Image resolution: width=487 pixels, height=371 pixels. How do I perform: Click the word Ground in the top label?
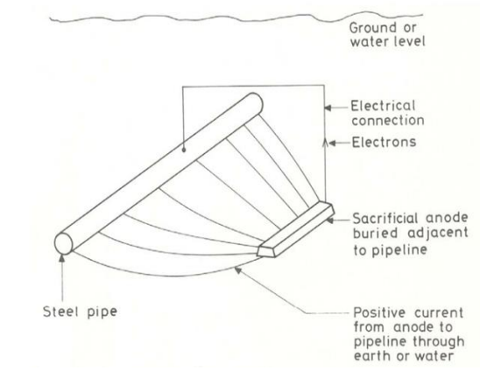[x=373, y=28]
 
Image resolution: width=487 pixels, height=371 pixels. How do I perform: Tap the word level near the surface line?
[x=409, y=42]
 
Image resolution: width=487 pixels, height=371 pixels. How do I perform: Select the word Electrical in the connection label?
[x=383, y=106]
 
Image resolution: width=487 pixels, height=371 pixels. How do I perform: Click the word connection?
[x=388, y=121]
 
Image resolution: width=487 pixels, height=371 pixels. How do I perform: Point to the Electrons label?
[x=384, y=143]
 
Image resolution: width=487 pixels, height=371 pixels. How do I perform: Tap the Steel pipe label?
[x=80, y=311]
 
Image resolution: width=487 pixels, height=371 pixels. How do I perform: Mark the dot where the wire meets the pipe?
[x=184, y=150]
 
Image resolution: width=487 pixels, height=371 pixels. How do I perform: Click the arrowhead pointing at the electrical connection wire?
[x=328, y=108]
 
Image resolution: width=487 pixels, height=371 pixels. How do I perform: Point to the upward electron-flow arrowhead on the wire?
[x=325, y=143]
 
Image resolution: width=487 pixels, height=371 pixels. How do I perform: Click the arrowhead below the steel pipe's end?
[x=62, y=257]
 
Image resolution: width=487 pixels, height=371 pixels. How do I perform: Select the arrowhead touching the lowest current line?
[x=238, y=270]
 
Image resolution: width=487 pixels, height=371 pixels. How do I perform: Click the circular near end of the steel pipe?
[x=63, y=243]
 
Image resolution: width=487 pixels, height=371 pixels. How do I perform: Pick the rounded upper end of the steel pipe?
[x=256, y=102]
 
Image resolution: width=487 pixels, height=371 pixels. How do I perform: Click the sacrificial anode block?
[x=296, y=229]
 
